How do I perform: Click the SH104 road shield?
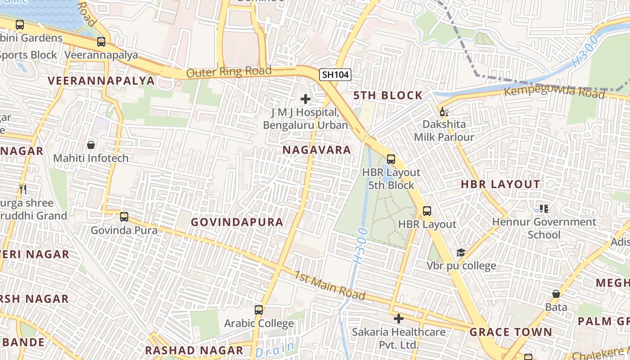click(x=335, y=75)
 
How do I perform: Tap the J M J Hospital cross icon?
click(x=306, y=99)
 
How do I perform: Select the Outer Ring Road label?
click(x=229, y=72)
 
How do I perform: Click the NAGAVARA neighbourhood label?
click(x=317, y=150)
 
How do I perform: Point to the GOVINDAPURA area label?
click(x=237, y=222)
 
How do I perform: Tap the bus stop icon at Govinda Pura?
click(x=124, y=217)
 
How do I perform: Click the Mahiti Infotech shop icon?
click(x=91, y=145)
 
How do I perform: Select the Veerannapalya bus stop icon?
click(x=101, y=42)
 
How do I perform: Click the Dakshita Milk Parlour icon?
click(x=444, y=112)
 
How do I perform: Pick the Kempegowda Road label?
click(x=554, y=92)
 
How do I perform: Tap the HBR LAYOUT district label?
click(x=500, y=184)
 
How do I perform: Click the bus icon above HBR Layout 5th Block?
click(x=391, y=159)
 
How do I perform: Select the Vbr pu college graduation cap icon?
click(x=461, y=252)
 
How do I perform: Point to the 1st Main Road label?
click(x=330, y=285)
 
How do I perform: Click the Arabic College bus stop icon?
click(x=259, y=310)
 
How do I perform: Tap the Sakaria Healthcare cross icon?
click(x=399, y=319)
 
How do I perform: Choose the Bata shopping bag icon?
click(x=556, y=294)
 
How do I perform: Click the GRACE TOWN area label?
click(x=511, y=332)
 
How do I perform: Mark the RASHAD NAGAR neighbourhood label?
click(x=194, y=350)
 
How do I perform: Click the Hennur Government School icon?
click(x=544, y=209)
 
